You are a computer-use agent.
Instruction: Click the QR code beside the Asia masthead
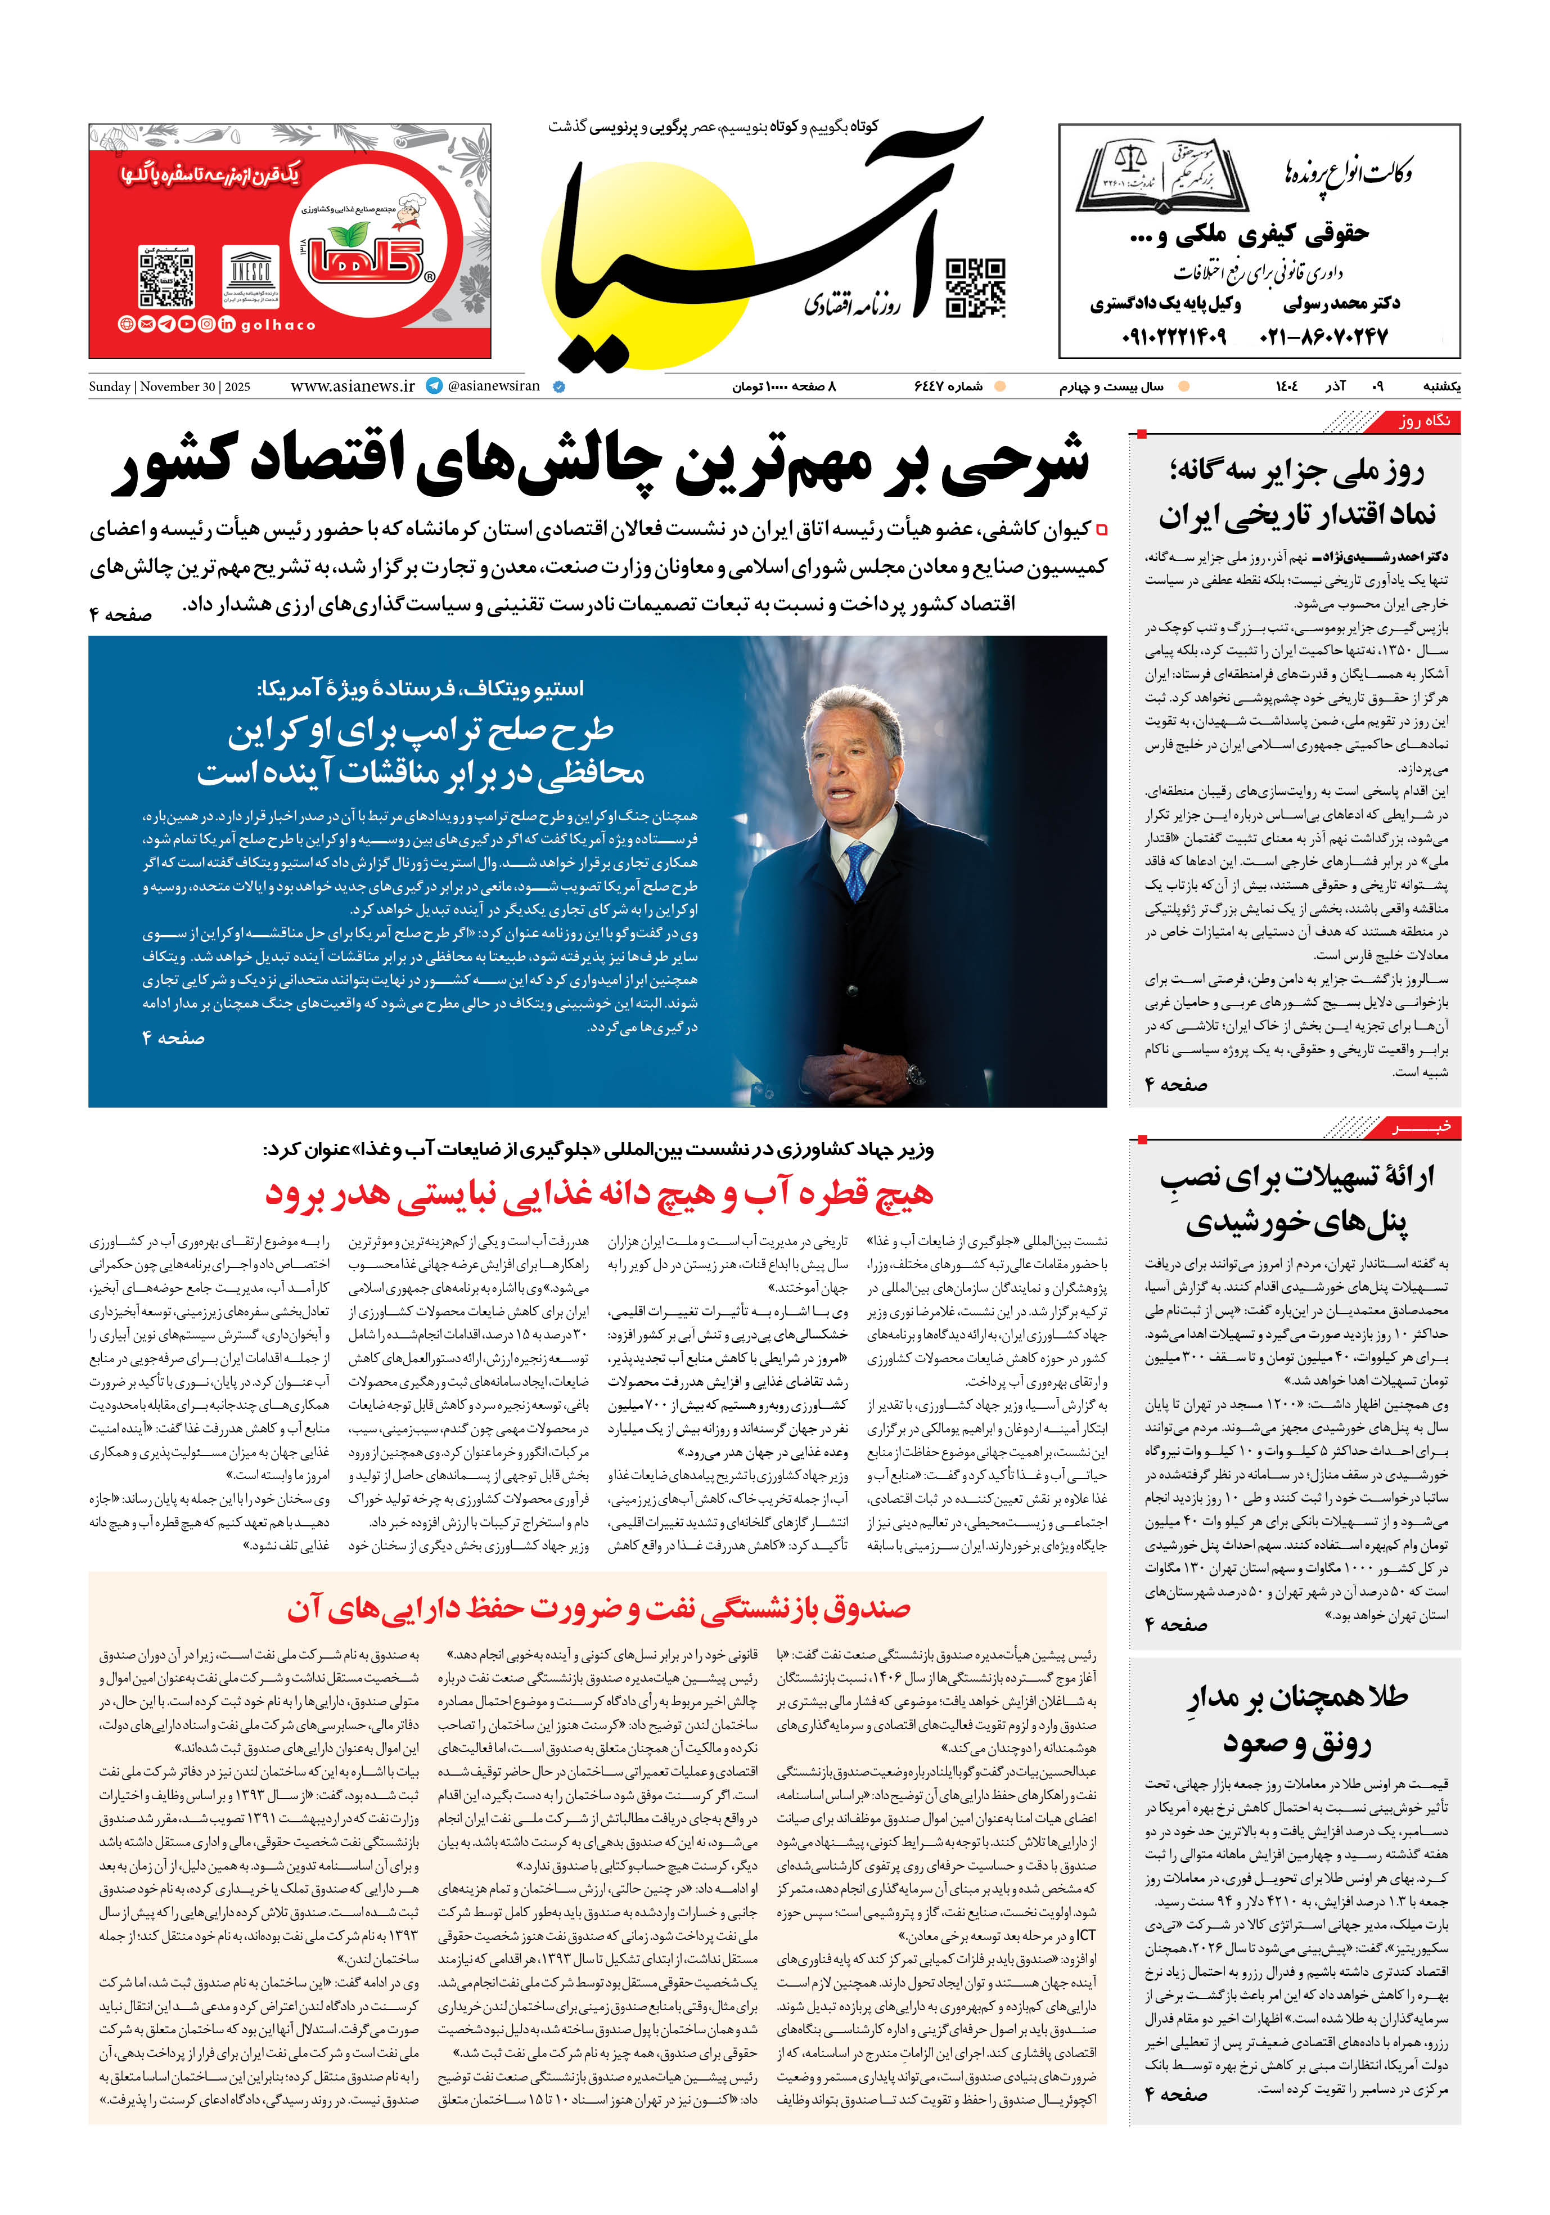pos(975,287)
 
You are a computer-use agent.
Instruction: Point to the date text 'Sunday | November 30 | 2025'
pos(170,387)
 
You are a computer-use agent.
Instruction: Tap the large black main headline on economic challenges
pos(600,464)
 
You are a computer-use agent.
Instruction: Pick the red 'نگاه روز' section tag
pos(1423,421)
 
